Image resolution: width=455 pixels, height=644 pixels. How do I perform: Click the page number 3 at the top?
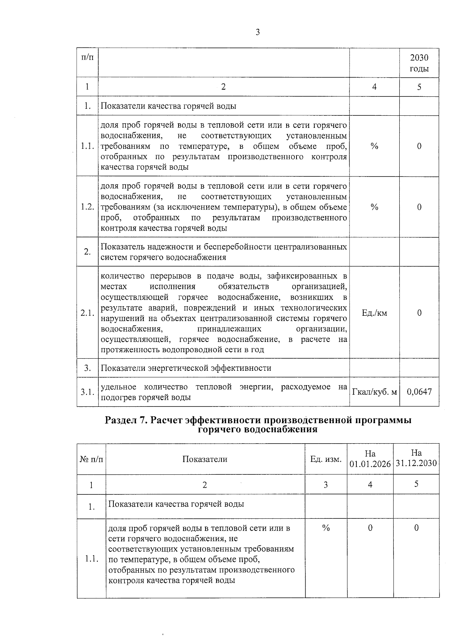pyautogui.click(x=257, y=33)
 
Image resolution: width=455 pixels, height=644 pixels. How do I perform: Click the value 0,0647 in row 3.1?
pyautogui.click(x=419, y=392)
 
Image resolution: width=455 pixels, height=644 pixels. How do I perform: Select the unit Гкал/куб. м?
pyautogui.click(x=374, y=392)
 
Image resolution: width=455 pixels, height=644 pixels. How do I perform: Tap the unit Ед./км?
pyautogui.click(x=374, y=313)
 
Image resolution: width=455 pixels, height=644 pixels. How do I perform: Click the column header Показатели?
pyautogui.click(x=205, y=459)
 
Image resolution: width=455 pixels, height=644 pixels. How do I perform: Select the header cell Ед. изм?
pyautogui.click(x=326, y=459)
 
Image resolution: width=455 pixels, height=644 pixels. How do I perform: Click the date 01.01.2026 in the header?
pyautogui.click(x=370, y=464)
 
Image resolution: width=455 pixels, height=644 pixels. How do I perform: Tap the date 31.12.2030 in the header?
pyautogui.click(x=416, y=464)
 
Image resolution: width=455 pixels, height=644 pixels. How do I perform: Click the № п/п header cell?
pyautogui.click(x=91, y=459)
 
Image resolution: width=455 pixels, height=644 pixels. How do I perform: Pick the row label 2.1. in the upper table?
pyautogui.click(x=87, y=313)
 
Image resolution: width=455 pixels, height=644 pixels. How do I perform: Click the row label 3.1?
pyautogui.click(x=87, y=392)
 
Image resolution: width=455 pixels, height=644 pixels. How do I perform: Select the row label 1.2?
pyautogui.click(x=87, y=207)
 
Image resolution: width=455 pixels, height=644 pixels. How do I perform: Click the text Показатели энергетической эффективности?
pyautogui.click(x=186, y=368)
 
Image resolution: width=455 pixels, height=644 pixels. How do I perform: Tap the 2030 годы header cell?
pyautogui.click(x=419, y=63)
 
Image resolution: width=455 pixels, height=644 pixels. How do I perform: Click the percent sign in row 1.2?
pyautogui.click(x=374, y=207)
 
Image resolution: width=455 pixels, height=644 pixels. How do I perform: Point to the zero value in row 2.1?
pyautogui.click(x=419, y=313)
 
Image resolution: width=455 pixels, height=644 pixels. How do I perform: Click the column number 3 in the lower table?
pyautogui.click(x=325, y=485)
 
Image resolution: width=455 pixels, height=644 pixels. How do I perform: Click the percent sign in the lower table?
pyautogui.click(x=325, y=528)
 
